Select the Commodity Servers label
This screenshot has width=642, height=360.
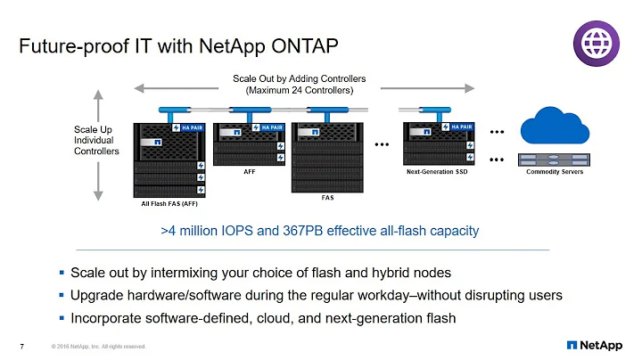coord(556,171)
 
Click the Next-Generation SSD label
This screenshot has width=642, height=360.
coord(437,171)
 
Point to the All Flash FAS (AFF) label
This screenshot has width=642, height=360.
coord(169,204)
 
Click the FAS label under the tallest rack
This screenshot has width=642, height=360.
coord(327,199)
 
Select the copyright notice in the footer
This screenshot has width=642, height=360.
coord(98,346)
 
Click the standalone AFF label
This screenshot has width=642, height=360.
coord(250,171)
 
